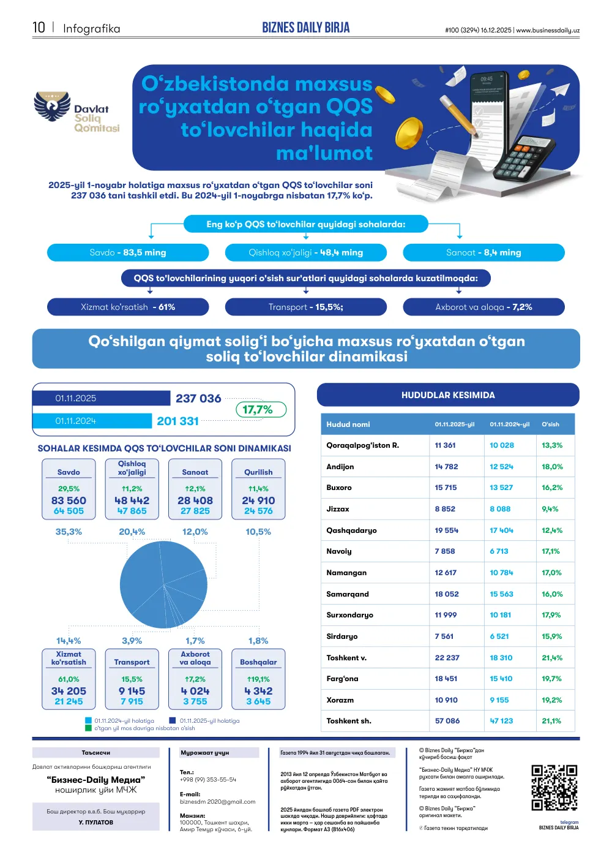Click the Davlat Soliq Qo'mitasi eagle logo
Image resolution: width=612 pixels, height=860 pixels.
(52, 106)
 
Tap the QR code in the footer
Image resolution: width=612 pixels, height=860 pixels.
(554, 788)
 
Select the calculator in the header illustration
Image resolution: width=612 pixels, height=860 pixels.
(524, 158)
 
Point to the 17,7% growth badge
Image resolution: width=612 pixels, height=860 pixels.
(261, 409)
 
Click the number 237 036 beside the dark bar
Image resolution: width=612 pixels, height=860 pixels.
(198, 398)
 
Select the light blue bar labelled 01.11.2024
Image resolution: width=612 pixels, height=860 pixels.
(92, 421)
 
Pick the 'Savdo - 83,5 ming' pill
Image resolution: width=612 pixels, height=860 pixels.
(128, 252)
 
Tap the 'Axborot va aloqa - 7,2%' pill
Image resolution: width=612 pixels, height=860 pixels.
(483, 307)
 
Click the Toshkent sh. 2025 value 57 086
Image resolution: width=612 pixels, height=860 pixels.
(447, 720)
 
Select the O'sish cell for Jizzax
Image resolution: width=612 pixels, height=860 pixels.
(550, 508)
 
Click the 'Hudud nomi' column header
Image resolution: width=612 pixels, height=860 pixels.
(348, 424)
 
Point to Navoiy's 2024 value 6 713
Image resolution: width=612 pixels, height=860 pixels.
(499, 551)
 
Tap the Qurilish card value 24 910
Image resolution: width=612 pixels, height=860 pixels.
(258, 500)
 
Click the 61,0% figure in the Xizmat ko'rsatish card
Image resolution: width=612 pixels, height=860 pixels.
(69, 679)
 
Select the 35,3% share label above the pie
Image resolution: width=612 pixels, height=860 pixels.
(69, 532)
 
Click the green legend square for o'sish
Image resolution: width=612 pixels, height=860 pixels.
(88, 728)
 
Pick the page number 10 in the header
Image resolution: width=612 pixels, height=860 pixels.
(39, 28)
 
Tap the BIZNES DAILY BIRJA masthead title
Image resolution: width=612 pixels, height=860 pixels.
(306, 28)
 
